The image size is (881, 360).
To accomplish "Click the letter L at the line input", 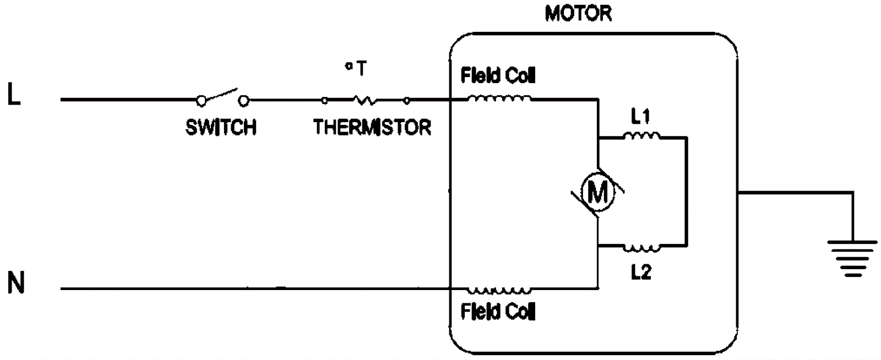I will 14,95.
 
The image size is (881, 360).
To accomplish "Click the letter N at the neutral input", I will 16,283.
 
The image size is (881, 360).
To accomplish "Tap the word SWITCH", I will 221,128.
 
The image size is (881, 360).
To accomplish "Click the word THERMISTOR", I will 372,128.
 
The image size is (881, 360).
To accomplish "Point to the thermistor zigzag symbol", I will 365,100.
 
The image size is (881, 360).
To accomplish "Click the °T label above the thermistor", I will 356,69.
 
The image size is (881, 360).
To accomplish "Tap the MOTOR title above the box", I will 578,14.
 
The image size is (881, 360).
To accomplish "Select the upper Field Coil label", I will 498,75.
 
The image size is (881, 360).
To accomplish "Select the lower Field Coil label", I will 498,312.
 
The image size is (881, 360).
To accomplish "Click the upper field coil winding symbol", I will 499,99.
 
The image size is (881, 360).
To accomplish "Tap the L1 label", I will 640,117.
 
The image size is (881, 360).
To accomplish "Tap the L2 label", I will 641,272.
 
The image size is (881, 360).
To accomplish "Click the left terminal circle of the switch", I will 202,100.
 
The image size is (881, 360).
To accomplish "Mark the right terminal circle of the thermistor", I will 407,100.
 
